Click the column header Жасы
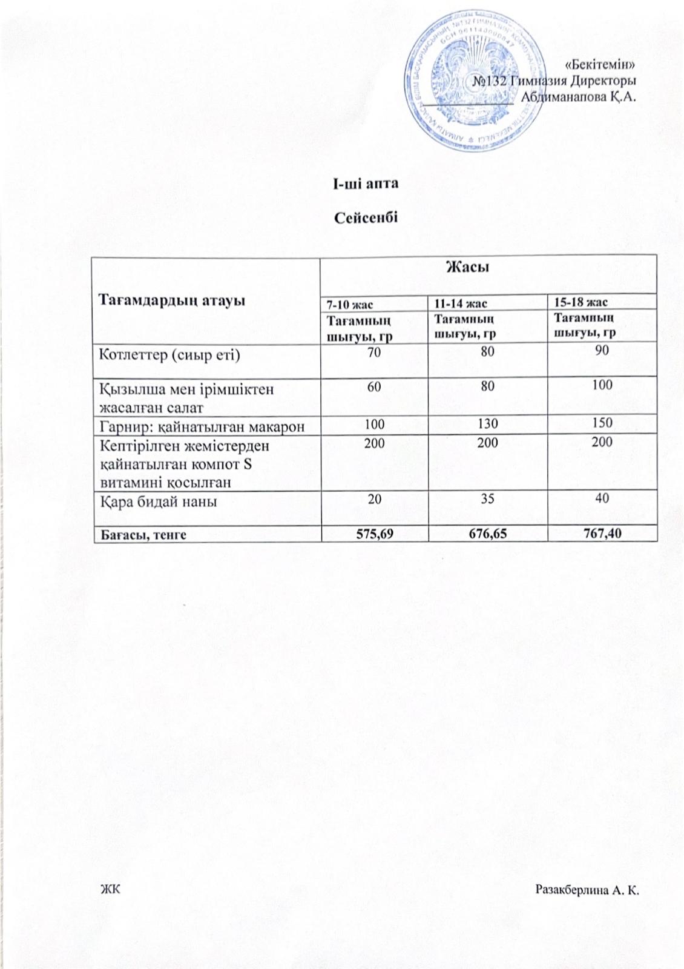click(x=467, y=266)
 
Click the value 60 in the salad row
click(x=373, y=385)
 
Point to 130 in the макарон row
click(x=487, y=423)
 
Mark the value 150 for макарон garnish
click(x=602, y=423)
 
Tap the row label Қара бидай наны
click(x=159, y=501)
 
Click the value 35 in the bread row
click(x=487, y=498)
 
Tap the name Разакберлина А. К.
click(x=588, y=890)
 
